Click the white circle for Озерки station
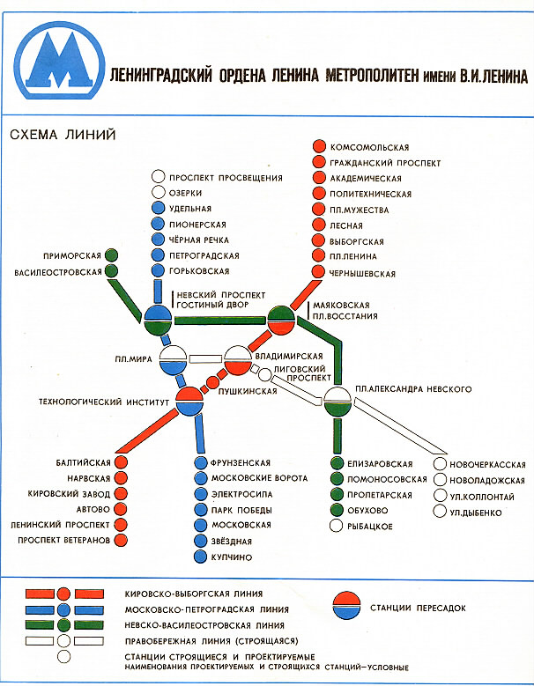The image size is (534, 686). click(159, 193)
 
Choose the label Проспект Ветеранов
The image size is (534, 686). click(60, 539)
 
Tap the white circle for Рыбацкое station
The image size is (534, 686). click(337, 527)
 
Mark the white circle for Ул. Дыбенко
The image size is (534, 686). click(441, 512)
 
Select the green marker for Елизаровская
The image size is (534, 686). click(337, 463)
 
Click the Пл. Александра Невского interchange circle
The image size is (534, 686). click(337, 402)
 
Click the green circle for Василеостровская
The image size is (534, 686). click(112, 272)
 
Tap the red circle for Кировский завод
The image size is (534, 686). click(120, 493)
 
